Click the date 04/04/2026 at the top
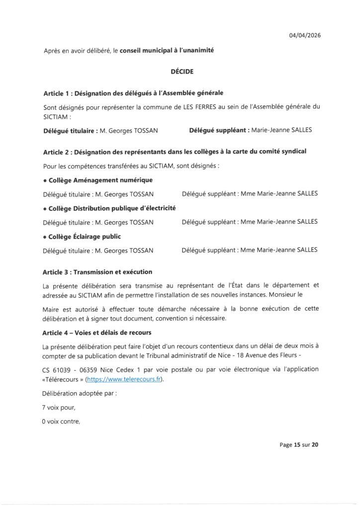(x=303, y=35)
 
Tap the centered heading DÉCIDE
(x=180, y=72)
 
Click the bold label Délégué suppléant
(x=218, y=131)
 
